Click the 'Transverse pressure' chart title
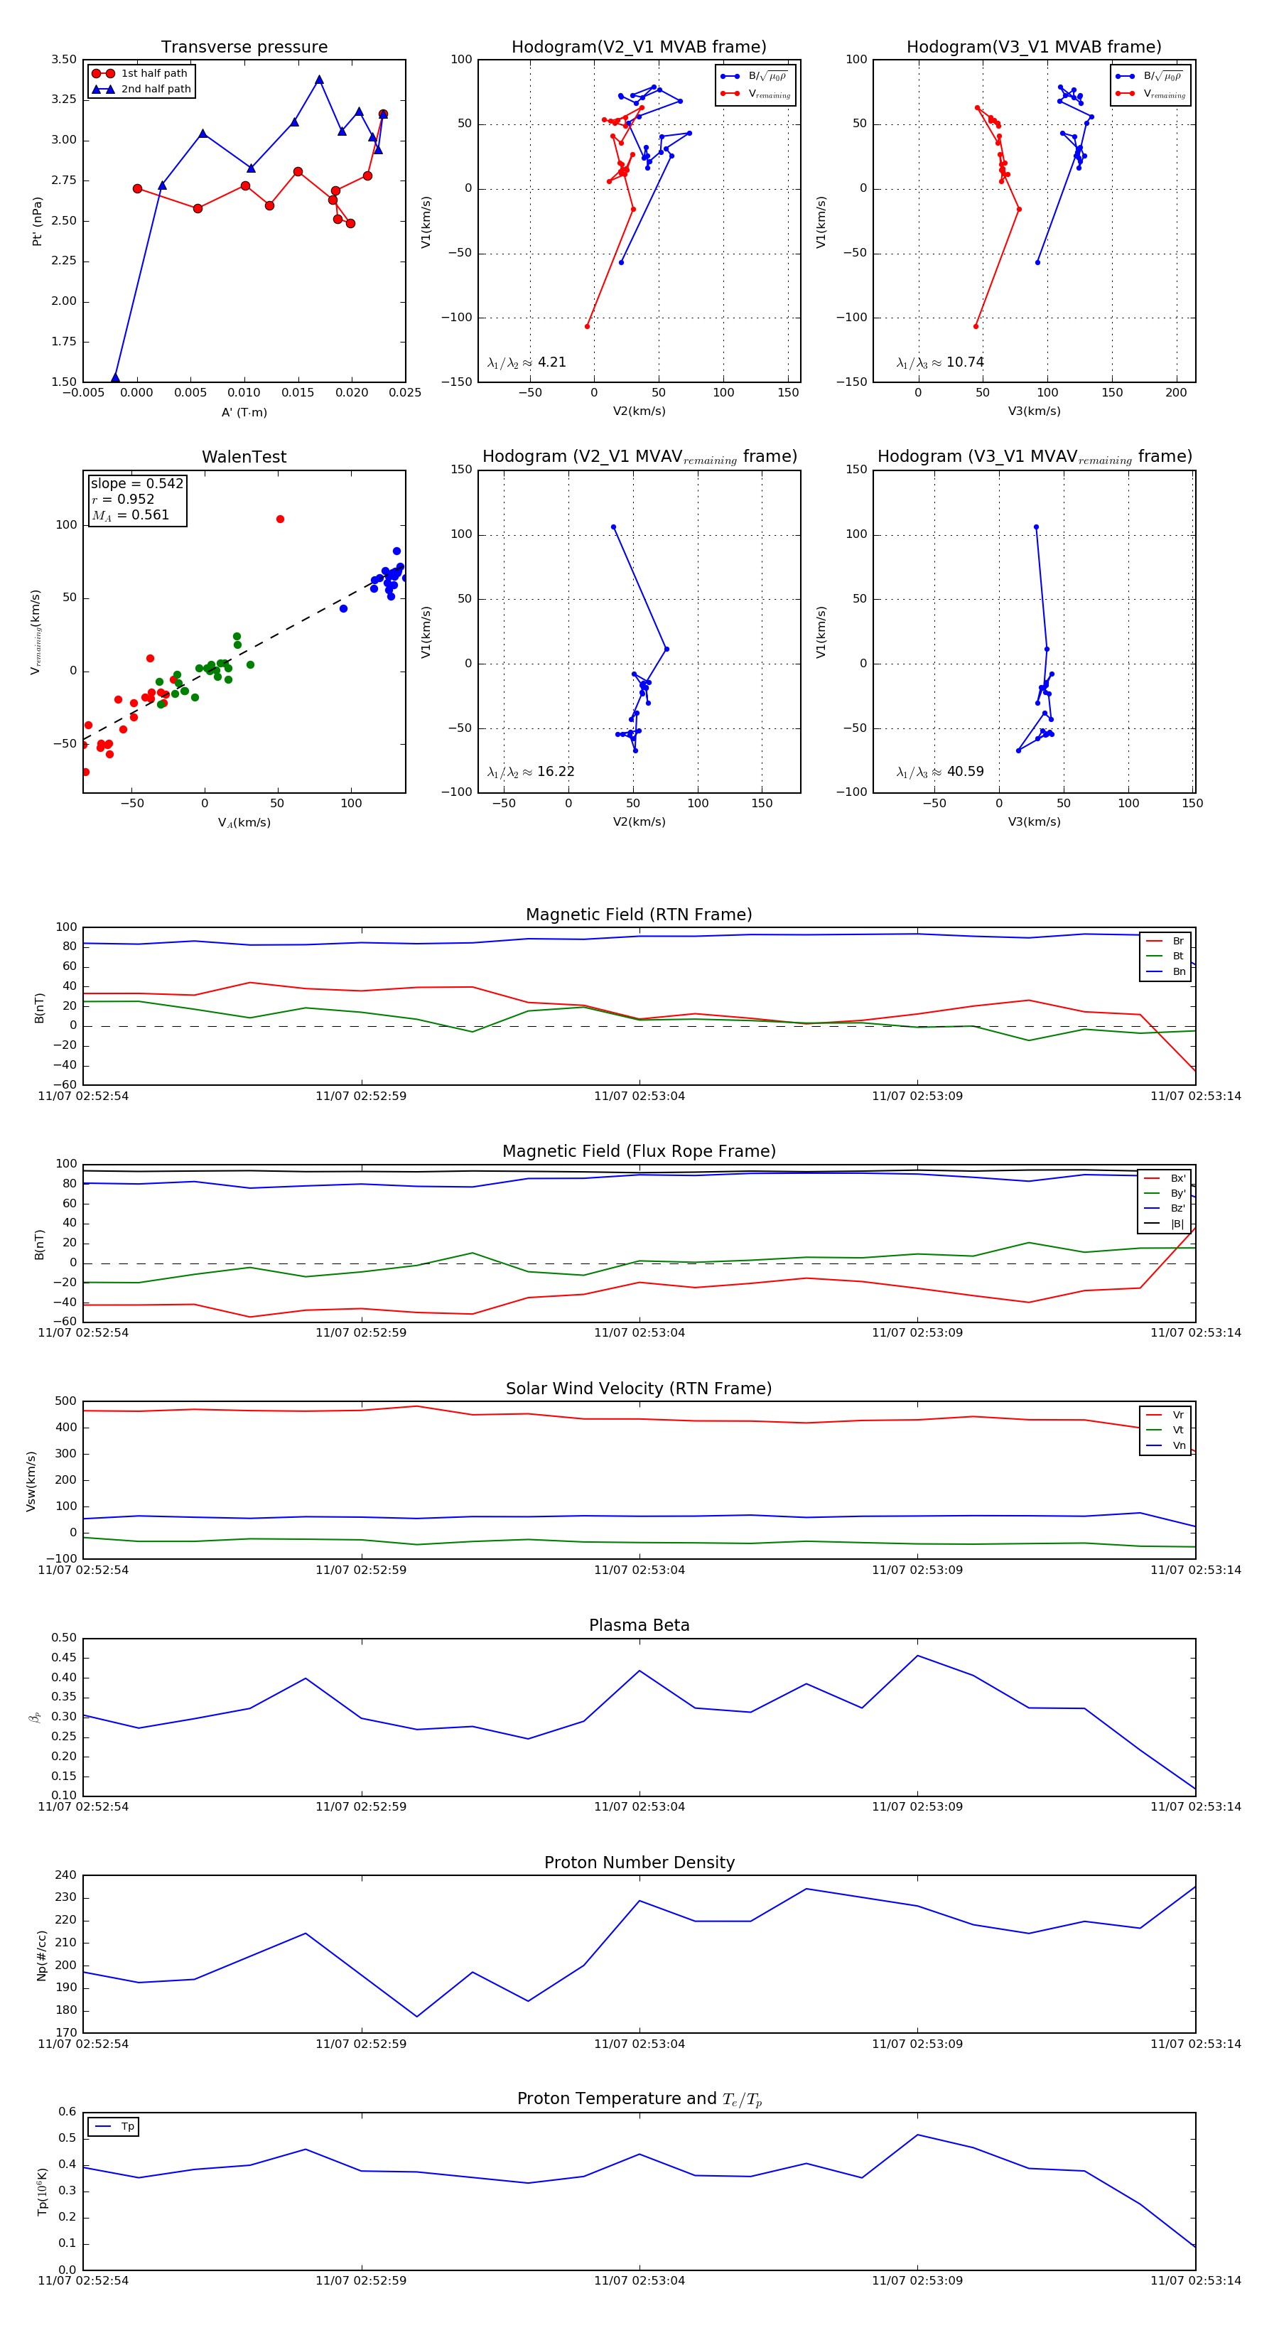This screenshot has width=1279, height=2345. coord(244,48)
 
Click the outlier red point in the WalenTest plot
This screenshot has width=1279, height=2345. coord(281,519)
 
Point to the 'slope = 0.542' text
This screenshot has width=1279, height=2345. coord(136,483)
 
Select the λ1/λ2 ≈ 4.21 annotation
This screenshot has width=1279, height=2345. coord(527,362)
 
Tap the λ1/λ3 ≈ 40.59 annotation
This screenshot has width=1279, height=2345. coord(940,772)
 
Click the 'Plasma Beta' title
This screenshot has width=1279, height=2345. coord(639,1626)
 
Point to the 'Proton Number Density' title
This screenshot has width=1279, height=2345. coord(639,1862)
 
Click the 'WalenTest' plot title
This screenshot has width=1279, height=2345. coord(244,457)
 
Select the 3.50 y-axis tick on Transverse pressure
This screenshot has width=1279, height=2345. coord(64,59)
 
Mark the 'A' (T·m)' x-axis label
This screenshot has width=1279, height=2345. coord(244,412)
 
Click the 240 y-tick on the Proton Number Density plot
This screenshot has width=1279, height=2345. coord(65,1875)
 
